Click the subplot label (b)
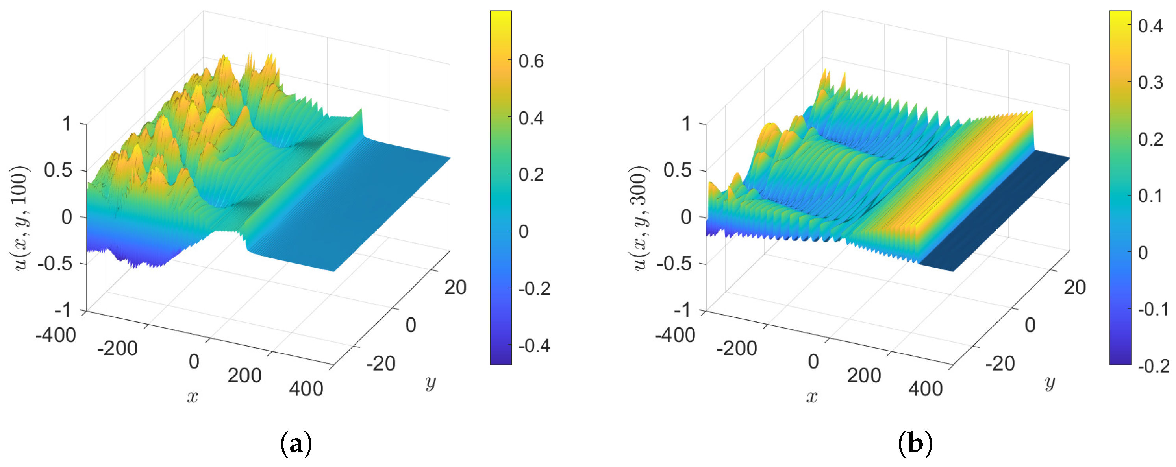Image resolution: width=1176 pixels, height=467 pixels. click(x=915, y=443)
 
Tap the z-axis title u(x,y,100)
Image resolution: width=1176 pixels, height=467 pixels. click(x=20, y=218)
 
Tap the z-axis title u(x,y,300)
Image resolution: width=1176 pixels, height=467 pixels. click(x=639, y=218)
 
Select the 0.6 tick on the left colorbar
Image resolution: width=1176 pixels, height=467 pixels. click(x=531, y=61)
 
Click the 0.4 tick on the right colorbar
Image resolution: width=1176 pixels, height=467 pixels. click(x=1150, y=26)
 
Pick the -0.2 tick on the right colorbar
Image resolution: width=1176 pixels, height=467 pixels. click(x=1153, y=366)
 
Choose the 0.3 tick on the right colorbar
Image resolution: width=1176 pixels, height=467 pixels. click(x=1150, y=83)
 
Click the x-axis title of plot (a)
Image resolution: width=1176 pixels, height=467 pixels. click(x=193, y=397)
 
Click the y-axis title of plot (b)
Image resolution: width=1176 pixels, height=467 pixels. click(x=1050, y=382)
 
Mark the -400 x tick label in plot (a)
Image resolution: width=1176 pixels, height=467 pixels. click(x=56, y=335)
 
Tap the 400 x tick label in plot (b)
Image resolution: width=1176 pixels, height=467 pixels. click(x=925, y=389)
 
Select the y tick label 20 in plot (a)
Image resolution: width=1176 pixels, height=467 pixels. click(x=455, y=287)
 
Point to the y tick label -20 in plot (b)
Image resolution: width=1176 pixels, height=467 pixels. click(x=1000, y=364)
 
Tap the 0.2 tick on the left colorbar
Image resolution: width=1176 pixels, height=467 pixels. click(x=531, y=175)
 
